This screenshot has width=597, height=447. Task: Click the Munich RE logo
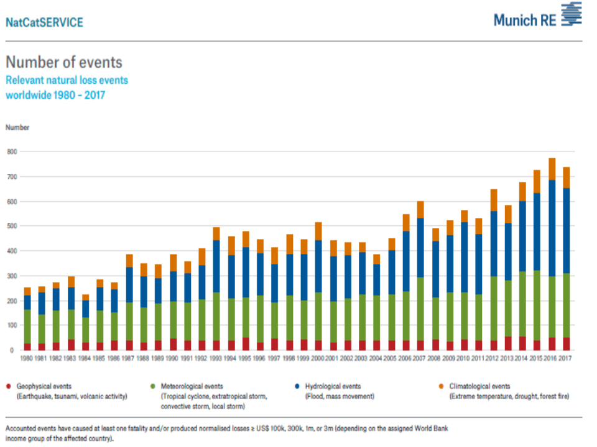click(x=537, y=17)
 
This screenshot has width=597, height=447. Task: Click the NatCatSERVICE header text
click(x=44, y=22)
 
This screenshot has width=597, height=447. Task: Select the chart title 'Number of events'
click(x=64, y=62)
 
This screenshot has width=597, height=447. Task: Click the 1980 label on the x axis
click(x=27, y=359)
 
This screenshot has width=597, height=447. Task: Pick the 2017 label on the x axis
click(x=567, y=359)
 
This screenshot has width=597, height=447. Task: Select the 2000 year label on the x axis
click(x=318, y=359)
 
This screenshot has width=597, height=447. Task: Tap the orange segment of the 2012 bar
click(x=494, y=200)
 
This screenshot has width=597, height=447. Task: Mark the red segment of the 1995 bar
click(x=246, y=344)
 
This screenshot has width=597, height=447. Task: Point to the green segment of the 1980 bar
click(x=27, y=326)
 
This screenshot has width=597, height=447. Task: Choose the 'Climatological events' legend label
click(x=481, y=386)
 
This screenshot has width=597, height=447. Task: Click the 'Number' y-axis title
click(x=17, y=127)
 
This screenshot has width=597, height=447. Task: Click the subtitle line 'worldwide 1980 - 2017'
click(x=55, y=95)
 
